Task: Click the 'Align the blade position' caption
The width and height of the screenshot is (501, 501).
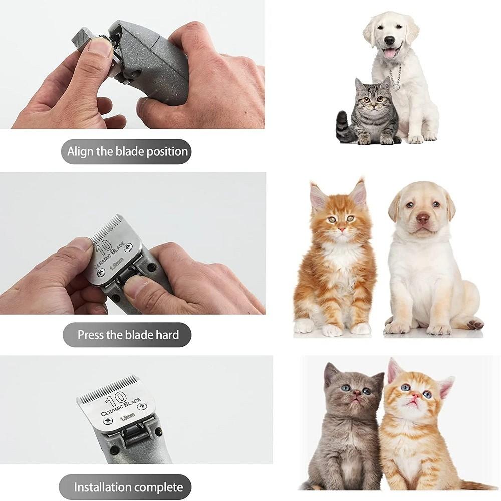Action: pyautogui.click(x=128, y=151)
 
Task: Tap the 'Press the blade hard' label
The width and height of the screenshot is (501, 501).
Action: pyautogui.click(x=128, y=334)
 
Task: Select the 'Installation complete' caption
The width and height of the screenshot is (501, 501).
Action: pyautogui.click(x=128, y=487)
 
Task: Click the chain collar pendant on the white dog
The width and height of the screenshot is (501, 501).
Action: pyautogui.click(x=396, y=87)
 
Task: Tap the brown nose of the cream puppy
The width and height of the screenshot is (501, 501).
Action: pyautogui.click(x=423, y=219)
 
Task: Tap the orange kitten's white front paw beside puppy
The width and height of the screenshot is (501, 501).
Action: pyautogui.click(x=332, y=330)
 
